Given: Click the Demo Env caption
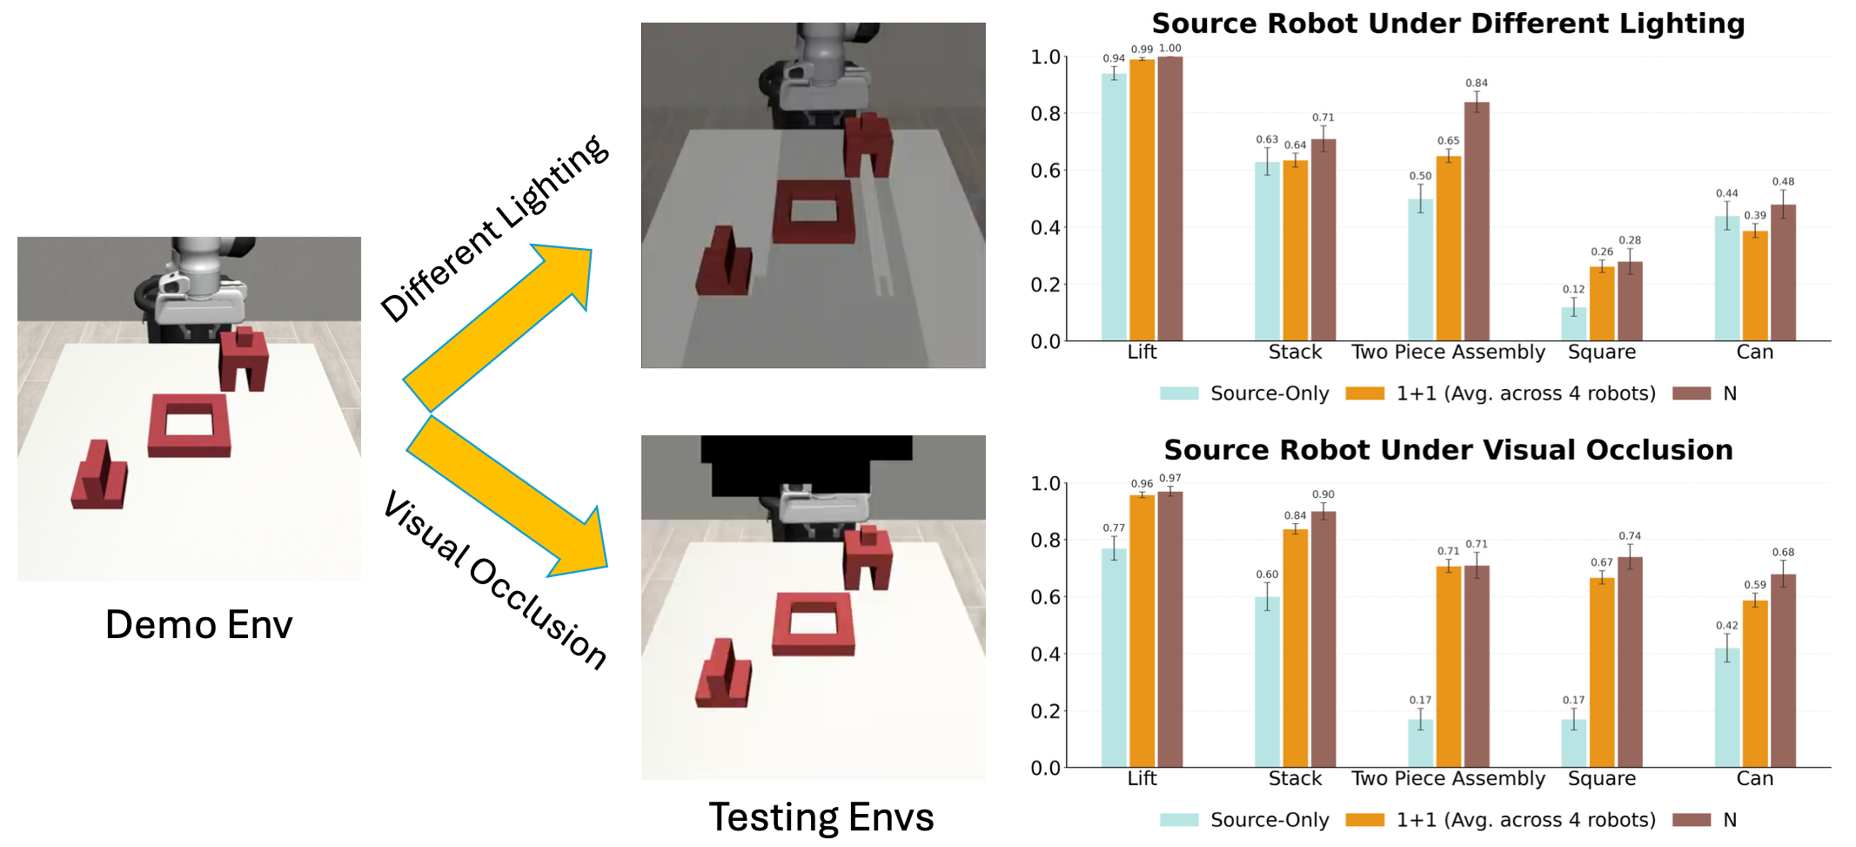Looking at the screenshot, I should pyautogui.click(x=198, y=624).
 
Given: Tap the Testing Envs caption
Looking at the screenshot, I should pyautogui.click(x=821, y=817).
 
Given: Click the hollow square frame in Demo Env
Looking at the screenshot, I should pyautogui.click(x=189, y=425).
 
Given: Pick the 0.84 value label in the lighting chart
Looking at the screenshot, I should pyautogui.click(x=1476, y=84).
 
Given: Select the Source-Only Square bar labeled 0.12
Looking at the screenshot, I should pyautogui.click(x=1573, y=323).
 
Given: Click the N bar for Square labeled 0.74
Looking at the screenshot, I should pyautogui.click(x=1630, y=662).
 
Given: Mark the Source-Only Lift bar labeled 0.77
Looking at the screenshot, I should pyautogui.click(x=1114, y=657).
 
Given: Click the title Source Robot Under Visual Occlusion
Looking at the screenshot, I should pyautogui.click(x=1448, y=450).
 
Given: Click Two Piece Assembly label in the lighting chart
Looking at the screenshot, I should pyautogui.click(x=1448, y=352).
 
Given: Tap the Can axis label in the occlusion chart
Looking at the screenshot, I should pyautogui.click(x=1754, y=778).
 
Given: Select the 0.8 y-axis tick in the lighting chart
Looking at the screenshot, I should pyautogui.click(x=1045, y=114).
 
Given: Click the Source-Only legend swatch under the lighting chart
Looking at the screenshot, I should pyautogui.click(x=1179, y=393).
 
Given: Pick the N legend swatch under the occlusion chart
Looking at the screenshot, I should pyautogui.click(x=1692, y=820).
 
